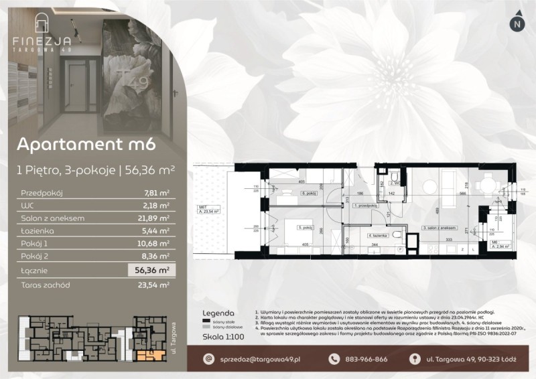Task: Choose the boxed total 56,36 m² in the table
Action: point(151,271)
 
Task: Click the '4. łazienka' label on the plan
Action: point(379,236)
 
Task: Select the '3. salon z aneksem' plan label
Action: point(440,228)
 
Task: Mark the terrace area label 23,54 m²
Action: point(217,210)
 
